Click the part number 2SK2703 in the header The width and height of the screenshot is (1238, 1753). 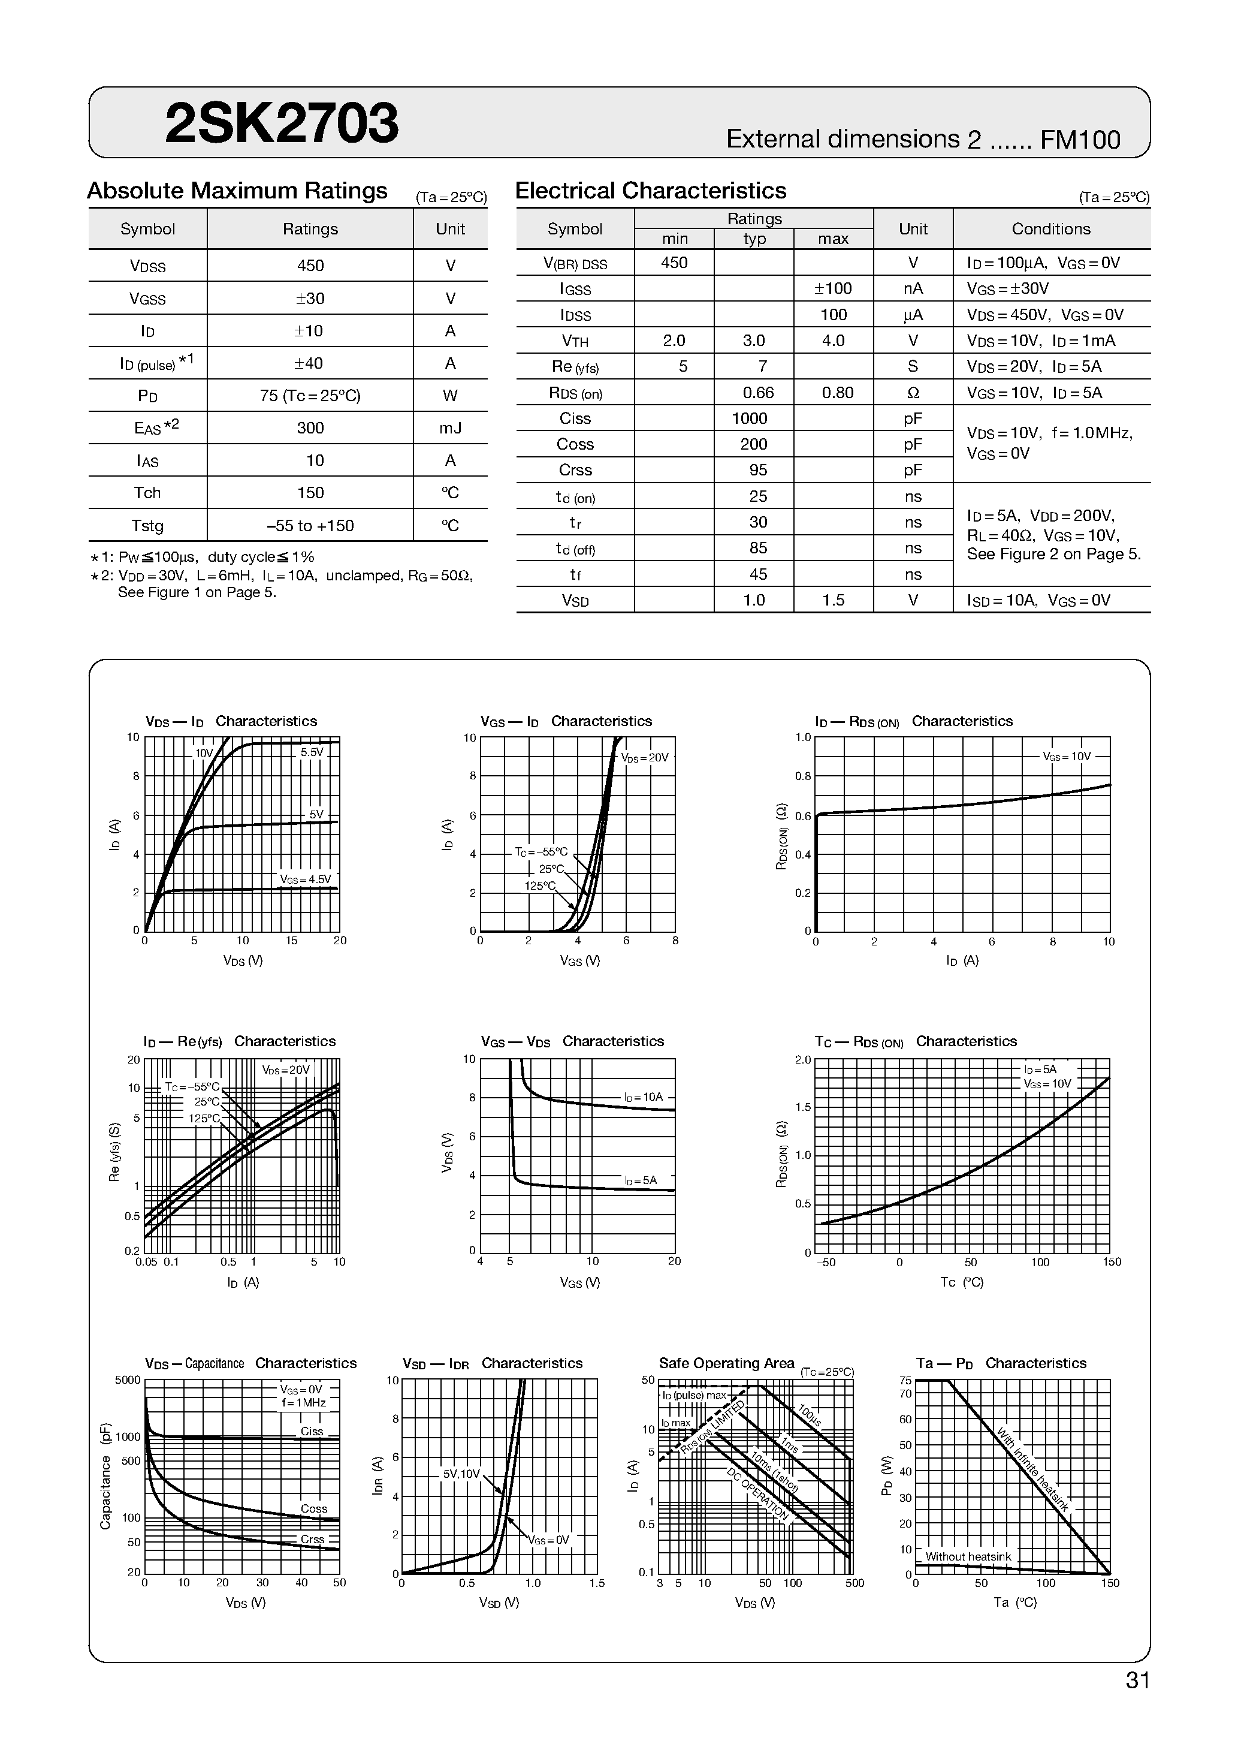tap(281, 124)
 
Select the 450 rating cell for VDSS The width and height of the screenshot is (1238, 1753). tap(310, 266)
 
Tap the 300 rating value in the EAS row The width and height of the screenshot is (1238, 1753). tap(310, 428)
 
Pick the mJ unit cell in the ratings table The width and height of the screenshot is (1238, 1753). tap(451, 428)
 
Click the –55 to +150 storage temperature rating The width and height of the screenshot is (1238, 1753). tap(310, 526)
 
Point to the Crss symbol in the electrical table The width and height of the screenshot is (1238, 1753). tap(575, 470)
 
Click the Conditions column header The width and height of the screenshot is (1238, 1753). tap(1050, 229)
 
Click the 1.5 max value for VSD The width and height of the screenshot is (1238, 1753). tap(834, 600)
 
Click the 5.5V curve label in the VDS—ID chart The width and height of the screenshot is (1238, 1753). tap(312, 752)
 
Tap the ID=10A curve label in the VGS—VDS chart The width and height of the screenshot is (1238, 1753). tap(644, 1097)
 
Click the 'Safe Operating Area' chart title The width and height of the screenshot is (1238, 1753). tap(726, 1363)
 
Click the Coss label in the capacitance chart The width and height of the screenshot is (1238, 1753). tap(314, 1508)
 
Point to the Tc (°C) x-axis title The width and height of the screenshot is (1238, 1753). tap(962, 1282)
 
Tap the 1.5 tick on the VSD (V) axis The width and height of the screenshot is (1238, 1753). tap(596, 1583)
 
